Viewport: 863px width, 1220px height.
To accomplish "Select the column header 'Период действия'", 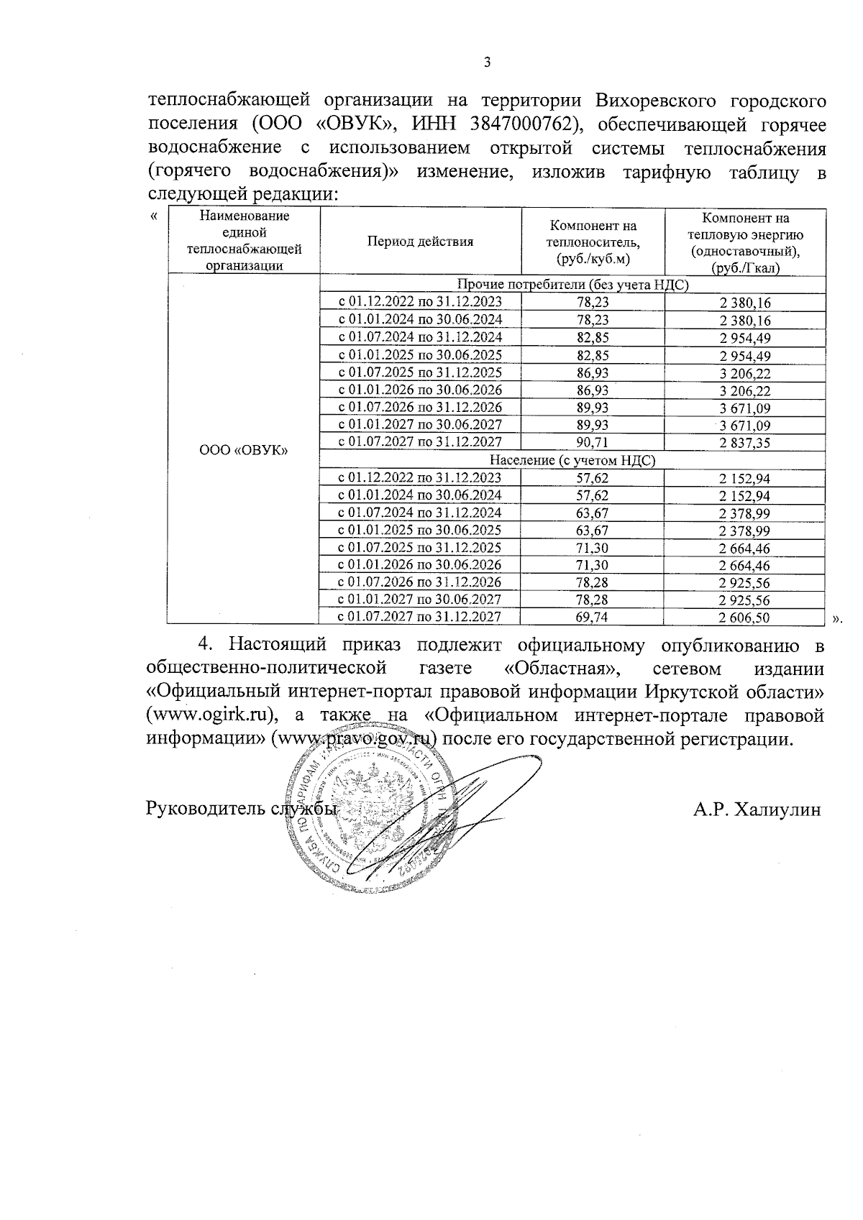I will (420, 242).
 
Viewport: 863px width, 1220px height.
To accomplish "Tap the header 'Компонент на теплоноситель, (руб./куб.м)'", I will (593, 242).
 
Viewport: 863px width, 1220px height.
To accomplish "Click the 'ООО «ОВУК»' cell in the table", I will (243, 450).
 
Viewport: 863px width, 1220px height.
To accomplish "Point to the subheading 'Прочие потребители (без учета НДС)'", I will (572, 285).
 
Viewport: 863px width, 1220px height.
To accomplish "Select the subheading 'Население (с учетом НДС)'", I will (572, 460).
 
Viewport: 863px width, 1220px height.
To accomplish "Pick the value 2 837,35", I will (744, 443).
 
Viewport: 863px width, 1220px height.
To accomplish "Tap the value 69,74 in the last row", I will (593, 617).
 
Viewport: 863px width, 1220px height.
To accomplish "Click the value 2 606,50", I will (744, 617).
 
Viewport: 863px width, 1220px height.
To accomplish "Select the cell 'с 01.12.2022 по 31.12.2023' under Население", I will (420, 477).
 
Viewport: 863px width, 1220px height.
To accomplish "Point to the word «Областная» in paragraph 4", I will (562, 669).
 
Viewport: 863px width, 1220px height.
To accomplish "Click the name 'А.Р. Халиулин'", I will (757, 809).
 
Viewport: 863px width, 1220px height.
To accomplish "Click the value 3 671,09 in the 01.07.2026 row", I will (744, 408).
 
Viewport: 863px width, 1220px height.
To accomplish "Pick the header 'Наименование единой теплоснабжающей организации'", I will (243, 240).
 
